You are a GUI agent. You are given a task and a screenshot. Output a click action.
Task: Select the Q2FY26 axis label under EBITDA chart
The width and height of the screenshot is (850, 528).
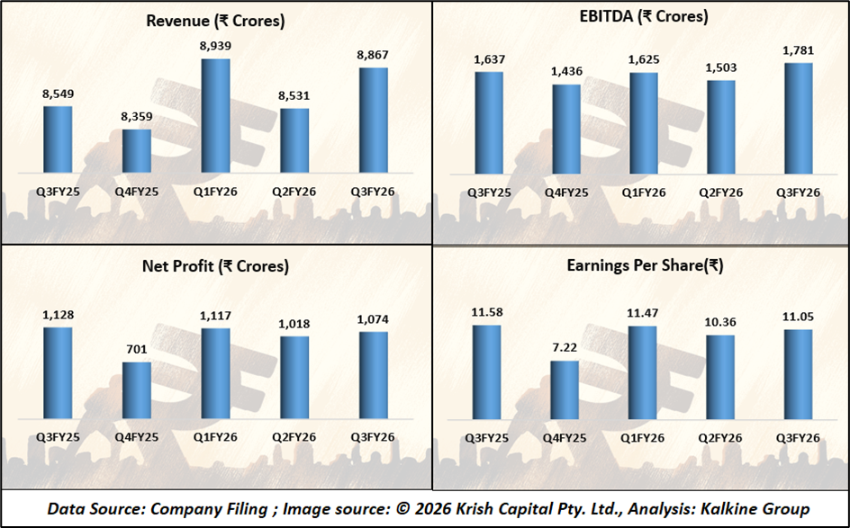click(x=720, y=192)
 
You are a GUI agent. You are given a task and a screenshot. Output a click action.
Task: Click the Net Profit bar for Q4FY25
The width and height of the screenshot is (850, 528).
click(x=136, y=389)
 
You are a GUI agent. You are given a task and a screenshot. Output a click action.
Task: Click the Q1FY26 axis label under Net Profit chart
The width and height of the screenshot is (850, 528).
click(x=214, y=436)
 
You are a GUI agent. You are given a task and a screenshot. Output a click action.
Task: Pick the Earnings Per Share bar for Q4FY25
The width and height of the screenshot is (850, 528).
click(x=565, y=389)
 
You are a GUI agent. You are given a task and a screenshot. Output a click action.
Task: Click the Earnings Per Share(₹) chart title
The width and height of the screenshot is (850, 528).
click(x=645, y=266)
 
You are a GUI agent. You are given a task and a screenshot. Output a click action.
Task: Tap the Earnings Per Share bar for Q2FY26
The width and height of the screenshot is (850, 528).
click(x=720, y=375)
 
